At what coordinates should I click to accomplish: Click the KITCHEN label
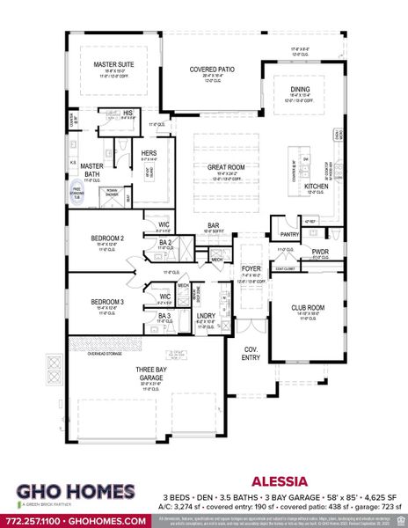pyautogui.click(x=316, y=187)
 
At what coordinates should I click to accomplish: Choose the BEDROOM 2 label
pyautogui.click(x=110, y=238)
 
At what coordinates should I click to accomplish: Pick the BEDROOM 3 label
pyautogui.click(x=110, y=301)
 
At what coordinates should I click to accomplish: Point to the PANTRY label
pyautogui.click(x=289, y=235)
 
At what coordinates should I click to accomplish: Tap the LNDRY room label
pyautogui.click(x=207, y=315)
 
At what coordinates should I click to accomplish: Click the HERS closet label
pyautogui.click(x=149, y=153)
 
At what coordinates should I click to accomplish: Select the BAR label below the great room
pyautogui.click(x=213, y=224)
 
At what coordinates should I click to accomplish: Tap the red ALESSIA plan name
pyautogui.click(x=278, y=482)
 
